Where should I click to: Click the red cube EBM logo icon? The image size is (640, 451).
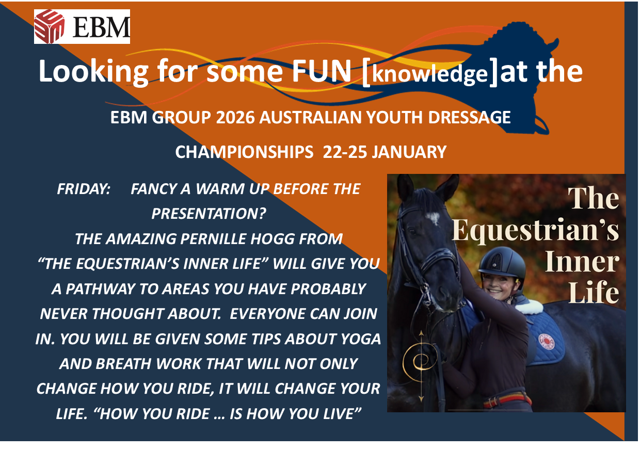(49, 26)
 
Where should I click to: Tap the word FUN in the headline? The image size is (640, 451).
(322, 71)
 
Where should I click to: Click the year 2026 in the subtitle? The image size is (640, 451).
(235, 117)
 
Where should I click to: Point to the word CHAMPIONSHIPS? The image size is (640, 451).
(244, 152)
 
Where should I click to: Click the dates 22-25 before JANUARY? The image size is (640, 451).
(345, 152)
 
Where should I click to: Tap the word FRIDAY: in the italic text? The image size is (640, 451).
(84, 189)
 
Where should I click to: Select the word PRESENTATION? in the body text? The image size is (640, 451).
(209, 214)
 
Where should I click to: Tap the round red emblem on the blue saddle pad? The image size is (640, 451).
(546, 341)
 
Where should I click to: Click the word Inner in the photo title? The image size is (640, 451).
(582, 262)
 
